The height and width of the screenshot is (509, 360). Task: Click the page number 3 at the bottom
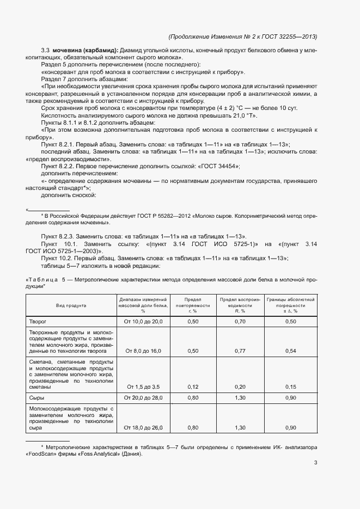(315, 463)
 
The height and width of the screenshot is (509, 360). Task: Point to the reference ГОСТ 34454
(218, 165)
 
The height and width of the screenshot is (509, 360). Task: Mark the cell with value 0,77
(240, 351)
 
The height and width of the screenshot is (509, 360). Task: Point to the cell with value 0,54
(290, 351)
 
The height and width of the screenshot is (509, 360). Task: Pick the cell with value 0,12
(192, 387)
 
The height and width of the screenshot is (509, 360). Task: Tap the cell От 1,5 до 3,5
(143, 387)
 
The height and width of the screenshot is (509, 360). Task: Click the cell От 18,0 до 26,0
(143, 428)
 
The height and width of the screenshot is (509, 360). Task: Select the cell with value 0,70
(240, 322)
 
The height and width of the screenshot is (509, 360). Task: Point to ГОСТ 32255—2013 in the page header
(288, 36)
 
